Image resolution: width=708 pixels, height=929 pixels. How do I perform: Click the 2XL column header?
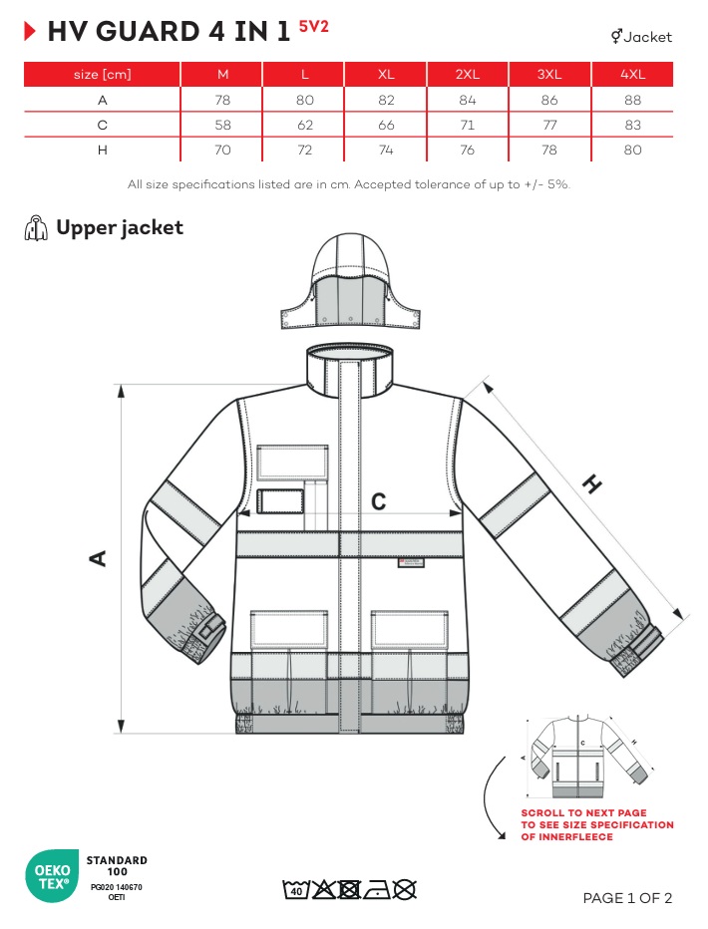click(467, 74)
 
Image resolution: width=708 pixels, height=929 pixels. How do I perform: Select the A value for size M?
click(222, 100)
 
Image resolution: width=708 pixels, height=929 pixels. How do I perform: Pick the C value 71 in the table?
click(467, 125)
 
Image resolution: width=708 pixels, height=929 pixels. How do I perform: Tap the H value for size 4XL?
click(632, 150)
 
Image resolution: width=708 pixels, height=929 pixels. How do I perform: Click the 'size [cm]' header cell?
click(103, 74)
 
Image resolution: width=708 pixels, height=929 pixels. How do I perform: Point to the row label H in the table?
click(103, 150)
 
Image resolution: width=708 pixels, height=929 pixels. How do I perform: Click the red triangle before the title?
click(30, 31)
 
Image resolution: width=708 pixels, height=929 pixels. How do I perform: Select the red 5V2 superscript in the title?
click(313, 26)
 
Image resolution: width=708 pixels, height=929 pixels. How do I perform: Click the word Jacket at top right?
click(647, 37)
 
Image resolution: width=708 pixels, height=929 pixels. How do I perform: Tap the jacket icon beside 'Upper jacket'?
click(36, 228)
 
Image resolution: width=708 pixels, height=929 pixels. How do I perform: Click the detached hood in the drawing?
click(350, 281)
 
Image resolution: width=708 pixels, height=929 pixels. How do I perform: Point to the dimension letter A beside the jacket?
click(98, 558)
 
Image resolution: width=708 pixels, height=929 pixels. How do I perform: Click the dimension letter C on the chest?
click(378, 501)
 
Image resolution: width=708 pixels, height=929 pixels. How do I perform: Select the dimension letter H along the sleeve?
click(592, 484)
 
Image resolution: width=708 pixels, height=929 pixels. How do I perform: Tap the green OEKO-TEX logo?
click(52, 876)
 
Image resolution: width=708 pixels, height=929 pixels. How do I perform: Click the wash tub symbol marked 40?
click(295, 889)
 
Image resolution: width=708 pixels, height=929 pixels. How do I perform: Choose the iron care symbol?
click(377, 890)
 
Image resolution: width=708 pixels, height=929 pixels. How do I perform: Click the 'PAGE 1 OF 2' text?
click(627, 898)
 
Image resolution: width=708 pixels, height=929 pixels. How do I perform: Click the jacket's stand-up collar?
click(350, 370)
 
